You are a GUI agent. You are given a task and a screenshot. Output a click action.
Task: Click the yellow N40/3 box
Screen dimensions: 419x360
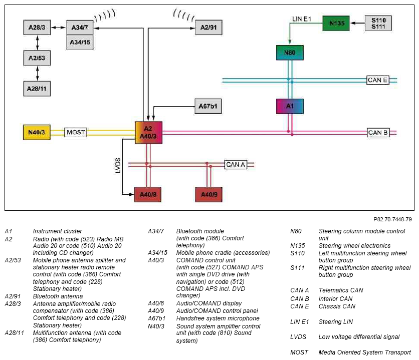pyautogui.click(x=37, y=132)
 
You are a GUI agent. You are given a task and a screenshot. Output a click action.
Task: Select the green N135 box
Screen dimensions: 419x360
pyautogui.click(x=336, y=23)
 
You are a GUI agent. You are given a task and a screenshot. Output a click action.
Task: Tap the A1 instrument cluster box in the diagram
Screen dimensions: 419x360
pyautogui.click(x=290, y=106)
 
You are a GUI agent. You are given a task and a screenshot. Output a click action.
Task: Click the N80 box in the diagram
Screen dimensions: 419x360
pyautogui.click(x=290, y=53)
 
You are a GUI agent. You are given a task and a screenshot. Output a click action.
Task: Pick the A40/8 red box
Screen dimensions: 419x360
pyautogui.click(x=147, y=195)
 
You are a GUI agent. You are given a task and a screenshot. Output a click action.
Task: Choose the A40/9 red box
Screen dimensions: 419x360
pyautogui.click(x=208, y=195)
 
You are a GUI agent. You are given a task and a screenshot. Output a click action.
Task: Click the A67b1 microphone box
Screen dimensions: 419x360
pyautogui.click(x=208, y=106)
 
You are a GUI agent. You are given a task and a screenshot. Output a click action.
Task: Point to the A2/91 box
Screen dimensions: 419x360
pyautogui.click(x=208, y=27)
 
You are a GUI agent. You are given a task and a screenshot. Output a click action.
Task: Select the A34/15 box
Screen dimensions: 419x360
pyautogui.click(x=80, y=42)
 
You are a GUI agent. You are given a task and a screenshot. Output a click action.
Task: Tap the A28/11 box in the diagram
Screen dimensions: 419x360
pyautogui.click(x=37, y=89)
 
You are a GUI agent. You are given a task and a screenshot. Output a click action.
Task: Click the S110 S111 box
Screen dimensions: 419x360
pyautogui.click(x=378, y=24)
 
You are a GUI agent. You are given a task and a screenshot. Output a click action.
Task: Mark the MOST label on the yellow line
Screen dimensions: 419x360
pyautogui.click(x=76, y=132)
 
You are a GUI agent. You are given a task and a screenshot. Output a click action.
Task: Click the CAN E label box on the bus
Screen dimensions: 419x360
pyautogui.click(x=377, y=80)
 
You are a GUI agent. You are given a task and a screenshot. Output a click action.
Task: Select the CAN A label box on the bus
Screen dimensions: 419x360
pyautogui.click(x=236, y=165)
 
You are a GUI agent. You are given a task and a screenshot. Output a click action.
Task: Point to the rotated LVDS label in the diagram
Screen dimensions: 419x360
pyautogui.click(x=118, y=165)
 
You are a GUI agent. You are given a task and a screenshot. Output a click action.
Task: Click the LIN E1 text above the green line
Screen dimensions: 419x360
pyautogui.click(x=301, y=19)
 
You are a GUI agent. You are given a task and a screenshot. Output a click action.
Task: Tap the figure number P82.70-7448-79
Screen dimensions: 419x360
pyautogui.click(x=392, y=219)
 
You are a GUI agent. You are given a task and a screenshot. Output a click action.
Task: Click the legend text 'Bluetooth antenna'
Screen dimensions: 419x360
pyautogui.click(x=58, y=296)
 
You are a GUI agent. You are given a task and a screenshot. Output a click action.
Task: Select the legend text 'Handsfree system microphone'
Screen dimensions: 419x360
pyautogui.click(x=218, y=318)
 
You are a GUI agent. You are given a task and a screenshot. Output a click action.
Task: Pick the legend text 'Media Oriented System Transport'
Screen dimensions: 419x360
pyautogui.click(x=364, y=352)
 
